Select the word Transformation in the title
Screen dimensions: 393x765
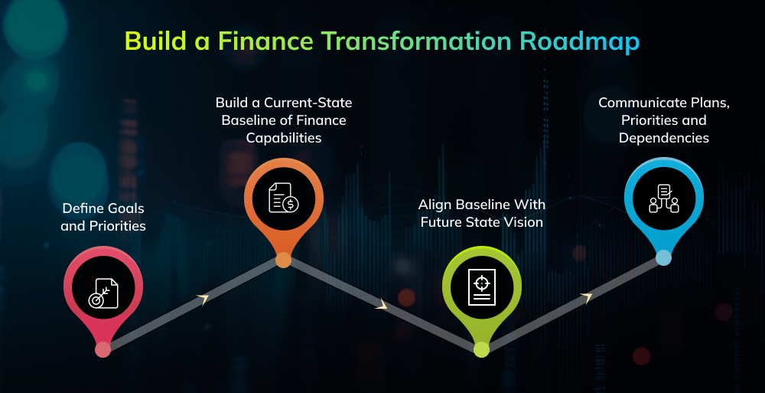418,41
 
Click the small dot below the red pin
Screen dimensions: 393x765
103,349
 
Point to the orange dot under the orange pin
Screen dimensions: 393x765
283,260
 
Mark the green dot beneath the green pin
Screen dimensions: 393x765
481,349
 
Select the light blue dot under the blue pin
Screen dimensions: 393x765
663,258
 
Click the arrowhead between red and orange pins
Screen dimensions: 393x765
203,300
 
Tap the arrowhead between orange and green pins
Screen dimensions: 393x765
382,306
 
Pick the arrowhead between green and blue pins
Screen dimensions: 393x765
586,297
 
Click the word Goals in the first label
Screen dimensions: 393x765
123,208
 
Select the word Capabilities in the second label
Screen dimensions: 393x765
283,138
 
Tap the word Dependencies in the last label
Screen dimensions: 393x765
663,138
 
